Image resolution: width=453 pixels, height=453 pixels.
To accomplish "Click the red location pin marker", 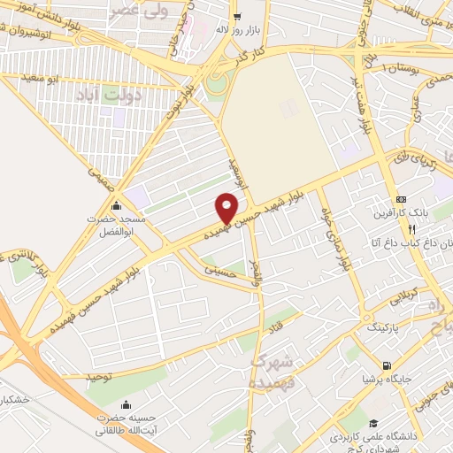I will pos(227,207).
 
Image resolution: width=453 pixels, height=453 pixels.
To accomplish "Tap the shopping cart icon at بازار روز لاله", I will pos(236,16).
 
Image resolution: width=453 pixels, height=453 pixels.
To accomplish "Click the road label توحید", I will pos(101,376).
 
